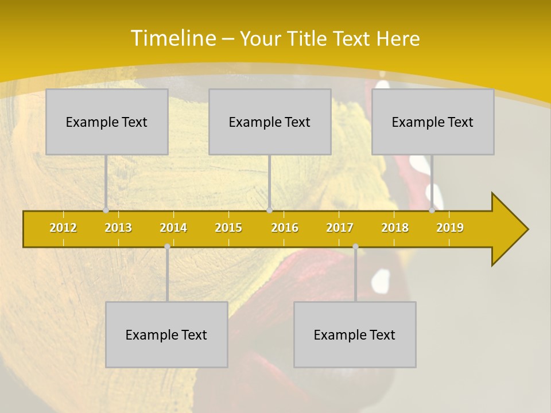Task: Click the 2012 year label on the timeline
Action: pos(63,228)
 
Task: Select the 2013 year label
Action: pos(118,228)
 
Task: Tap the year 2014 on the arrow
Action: pos(173,228)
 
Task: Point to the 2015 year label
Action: pos(228,228)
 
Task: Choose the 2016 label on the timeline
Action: pos(285,228)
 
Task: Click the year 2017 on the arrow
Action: pos(340,228)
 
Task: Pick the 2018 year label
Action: pos(395,228)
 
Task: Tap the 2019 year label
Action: pos(450,228)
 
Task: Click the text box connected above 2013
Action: pos(107,122)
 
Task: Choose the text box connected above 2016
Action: pos(270,122)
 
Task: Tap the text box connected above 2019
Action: pos(433,122)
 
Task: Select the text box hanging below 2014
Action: pos(166,334)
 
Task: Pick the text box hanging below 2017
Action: pos(355,334)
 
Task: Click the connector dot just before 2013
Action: pos(106,211)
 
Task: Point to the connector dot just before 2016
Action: pos(270,211)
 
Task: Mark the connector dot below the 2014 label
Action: pos(167,247)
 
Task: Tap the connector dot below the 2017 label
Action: pos(355,247)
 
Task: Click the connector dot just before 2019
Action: pos(432,211)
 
